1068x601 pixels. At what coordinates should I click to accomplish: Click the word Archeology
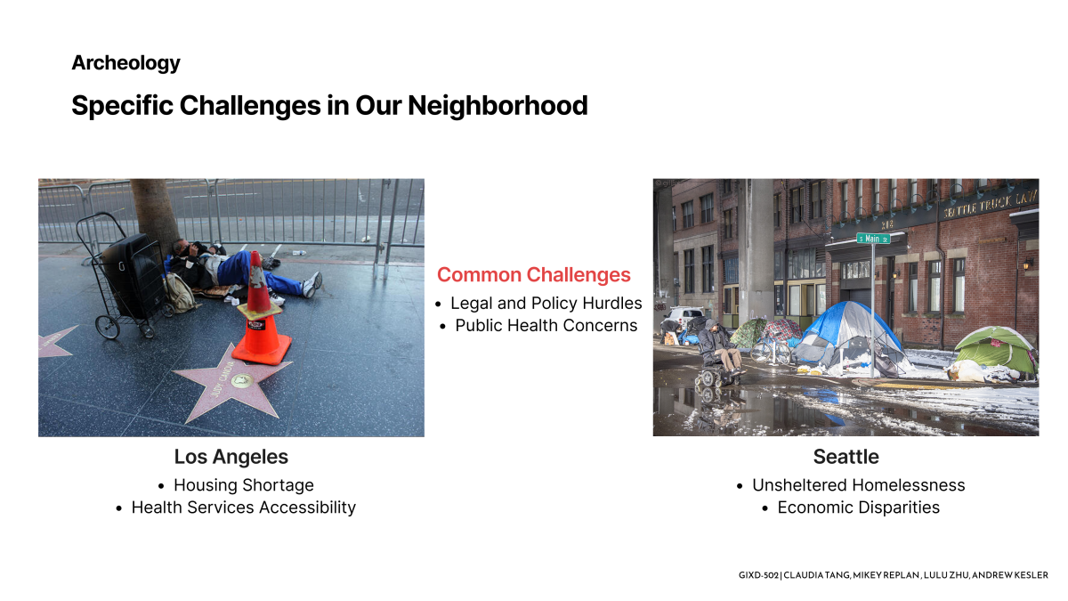(125, 63)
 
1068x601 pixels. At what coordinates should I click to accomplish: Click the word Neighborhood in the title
(498, 105)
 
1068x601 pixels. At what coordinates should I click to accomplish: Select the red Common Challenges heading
(533, 275)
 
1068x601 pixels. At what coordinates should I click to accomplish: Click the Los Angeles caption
(231, 457)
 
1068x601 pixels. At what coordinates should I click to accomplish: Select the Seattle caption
(845, 457)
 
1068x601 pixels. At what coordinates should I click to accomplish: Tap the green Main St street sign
(873, 239)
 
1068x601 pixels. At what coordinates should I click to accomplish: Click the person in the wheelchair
(719, 351)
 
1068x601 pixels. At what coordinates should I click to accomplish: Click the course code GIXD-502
(758, 575)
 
